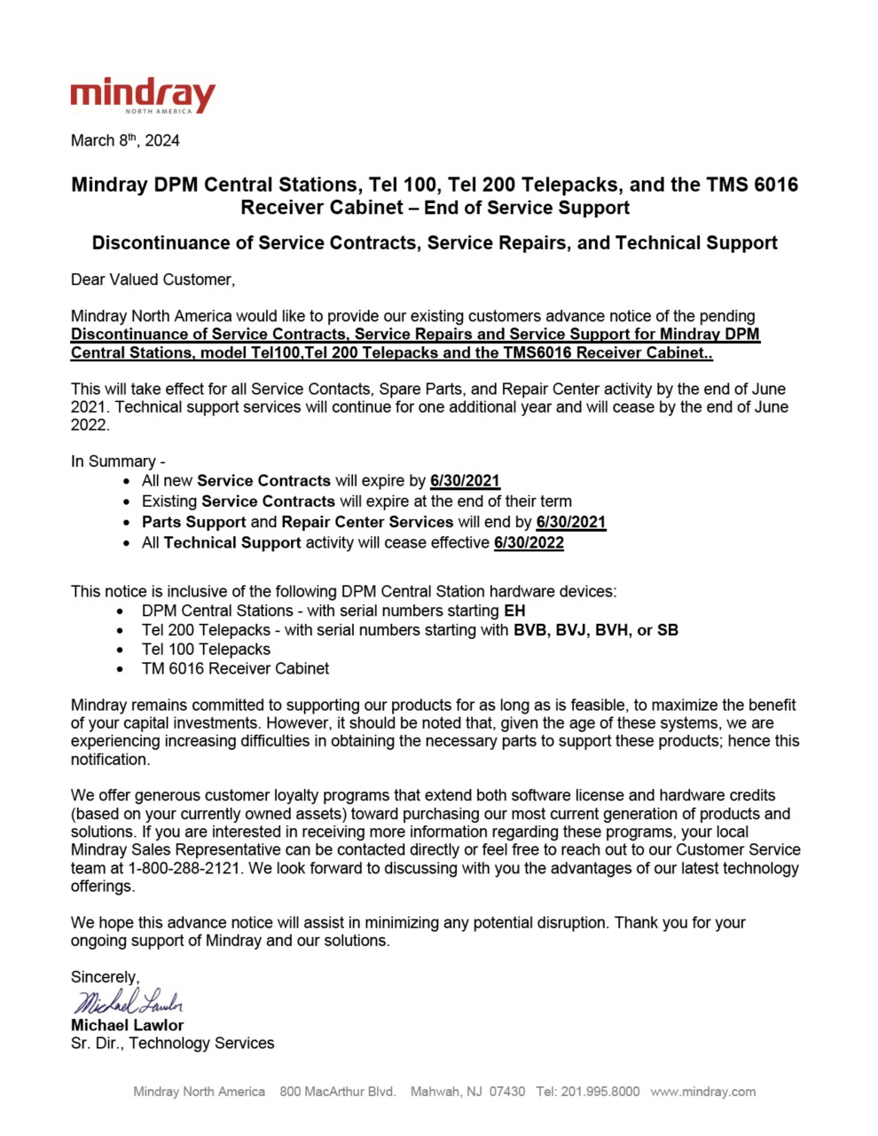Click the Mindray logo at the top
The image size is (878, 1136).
click(143, 95)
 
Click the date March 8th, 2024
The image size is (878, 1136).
click(125, 140)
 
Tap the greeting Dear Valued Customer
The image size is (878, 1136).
click(153, 280)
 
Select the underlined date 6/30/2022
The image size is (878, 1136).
click(529, 542)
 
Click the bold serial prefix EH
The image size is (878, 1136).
click(514, 611)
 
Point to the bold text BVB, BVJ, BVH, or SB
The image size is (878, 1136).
click(596, 630)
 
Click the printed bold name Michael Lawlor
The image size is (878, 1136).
click(127, 1025)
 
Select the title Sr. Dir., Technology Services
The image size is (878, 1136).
click(172, 1044)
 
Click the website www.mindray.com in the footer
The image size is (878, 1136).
click(702, 1092)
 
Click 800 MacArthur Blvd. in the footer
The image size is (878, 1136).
click(337, 1092)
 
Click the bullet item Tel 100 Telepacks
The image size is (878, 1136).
click(206, 649)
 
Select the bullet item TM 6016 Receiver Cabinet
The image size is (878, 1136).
click(235, 668)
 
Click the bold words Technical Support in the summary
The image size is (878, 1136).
click(232, 542)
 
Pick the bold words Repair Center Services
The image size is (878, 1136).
click(367, 522)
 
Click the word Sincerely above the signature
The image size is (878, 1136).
click(105, 976)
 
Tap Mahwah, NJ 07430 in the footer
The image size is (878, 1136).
click(467, 1092)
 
